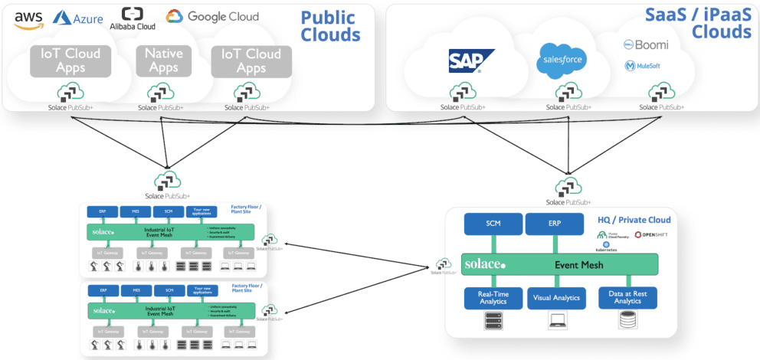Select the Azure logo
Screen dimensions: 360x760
(x=77, y=18)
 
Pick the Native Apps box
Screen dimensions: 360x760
(x=162, y=61)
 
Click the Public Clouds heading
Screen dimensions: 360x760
(x=330, y=25)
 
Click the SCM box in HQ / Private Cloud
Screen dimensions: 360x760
(x=493, y=224)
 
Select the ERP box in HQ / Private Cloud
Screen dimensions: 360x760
(x=554, y=224)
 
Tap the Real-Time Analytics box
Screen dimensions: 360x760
(x=493, y=298)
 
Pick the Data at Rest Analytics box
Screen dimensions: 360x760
(x=627, y=298)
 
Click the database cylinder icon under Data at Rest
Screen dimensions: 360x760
(x=627, y=322)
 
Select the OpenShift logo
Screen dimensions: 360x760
(x=651, y=234)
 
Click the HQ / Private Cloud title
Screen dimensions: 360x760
(x=634, y=220)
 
